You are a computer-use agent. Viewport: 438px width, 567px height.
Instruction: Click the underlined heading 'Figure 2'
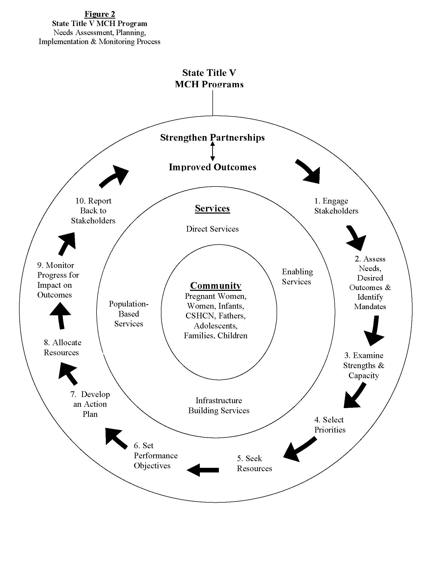pos(100,14)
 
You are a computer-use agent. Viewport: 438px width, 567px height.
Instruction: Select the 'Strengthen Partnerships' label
pos(212,137)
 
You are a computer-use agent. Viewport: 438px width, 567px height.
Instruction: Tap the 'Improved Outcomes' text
pos(212,167)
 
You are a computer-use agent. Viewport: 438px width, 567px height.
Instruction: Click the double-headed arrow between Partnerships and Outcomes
pos(212,151)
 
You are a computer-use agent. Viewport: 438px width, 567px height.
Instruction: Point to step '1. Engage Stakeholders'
pos(336,206)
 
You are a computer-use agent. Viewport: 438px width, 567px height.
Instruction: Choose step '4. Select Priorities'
pos(330,425)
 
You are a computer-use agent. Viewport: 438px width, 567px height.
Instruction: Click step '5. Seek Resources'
pos(254,463)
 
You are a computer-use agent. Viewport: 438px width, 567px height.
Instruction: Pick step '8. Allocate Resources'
pos(62,347)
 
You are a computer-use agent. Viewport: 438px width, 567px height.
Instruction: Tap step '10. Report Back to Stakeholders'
pos(93,210)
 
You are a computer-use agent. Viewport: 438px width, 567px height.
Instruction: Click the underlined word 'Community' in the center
pos(216,286)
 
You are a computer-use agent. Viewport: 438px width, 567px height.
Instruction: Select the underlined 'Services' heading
pos(212,208)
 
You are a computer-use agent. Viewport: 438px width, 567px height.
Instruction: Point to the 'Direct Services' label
pos(212,229)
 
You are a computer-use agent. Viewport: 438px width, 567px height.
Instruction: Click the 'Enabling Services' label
pos(297,276)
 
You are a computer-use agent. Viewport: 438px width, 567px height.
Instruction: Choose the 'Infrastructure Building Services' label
pos(219,405)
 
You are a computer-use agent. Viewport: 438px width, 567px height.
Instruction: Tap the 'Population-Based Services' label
pos(129,314)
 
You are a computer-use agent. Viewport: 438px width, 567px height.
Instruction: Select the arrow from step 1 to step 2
pos(356,237)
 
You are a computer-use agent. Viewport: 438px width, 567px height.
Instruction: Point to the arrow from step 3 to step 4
pos(354,396)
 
